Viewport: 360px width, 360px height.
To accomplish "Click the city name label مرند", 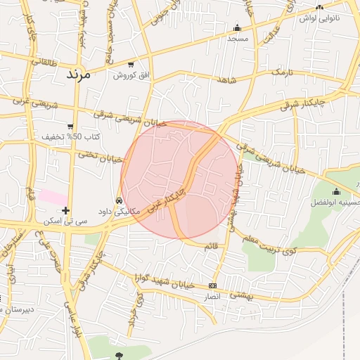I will pos(79,73).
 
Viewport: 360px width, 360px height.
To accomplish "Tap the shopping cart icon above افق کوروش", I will pos(131,65).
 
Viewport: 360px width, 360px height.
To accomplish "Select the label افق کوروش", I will pos(131,75).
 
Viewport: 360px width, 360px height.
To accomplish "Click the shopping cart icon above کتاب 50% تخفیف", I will pos(71,126).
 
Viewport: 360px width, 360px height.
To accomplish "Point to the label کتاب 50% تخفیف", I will pos(71,136).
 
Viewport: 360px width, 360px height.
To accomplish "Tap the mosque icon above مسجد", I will pos(237,28).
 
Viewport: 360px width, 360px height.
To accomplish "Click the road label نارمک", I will pos(281,72).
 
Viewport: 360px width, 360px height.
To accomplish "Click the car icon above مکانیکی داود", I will pos(119,201).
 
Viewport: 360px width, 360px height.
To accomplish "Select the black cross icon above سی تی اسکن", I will pos(65,210).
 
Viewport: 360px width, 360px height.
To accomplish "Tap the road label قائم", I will pos(210,245).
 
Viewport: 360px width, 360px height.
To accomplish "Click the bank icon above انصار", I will pos(213,285).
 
